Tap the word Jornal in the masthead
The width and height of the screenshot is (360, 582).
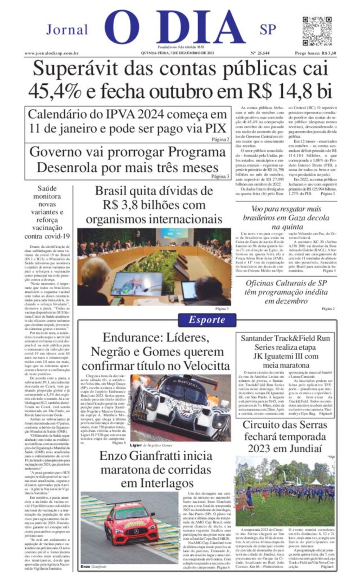tap(67, 30)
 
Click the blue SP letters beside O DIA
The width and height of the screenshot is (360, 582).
tap(268, 30)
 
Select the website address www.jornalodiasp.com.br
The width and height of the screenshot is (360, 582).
tap(51, 53)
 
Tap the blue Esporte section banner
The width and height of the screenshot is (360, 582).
tap(207, 319)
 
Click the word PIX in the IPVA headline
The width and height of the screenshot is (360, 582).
tap(216, 129)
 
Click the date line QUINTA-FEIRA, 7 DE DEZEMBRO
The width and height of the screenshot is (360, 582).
tap(178, 53)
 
